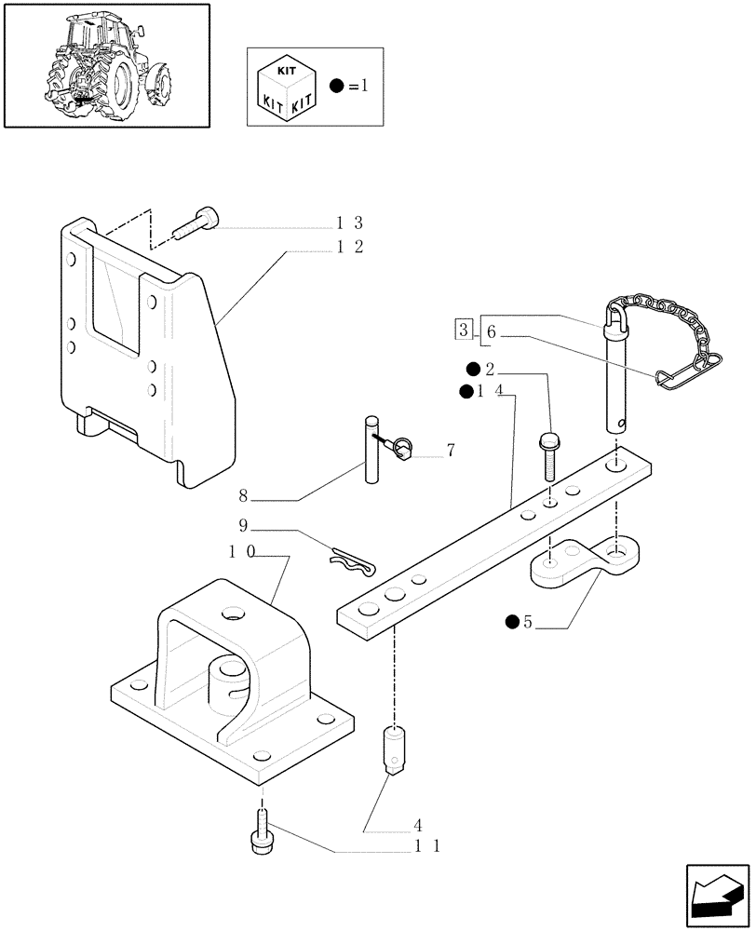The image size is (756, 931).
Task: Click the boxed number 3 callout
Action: [x=463, y=329]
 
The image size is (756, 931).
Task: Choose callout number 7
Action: [x=451, y=451]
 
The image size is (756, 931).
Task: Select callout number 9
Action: [x=243, y=524]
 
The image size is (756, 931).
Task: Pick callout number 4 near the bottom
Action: [x=418, y=825]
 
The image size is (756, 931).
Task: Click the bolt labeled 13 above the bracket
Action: [x=197, y=224]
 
